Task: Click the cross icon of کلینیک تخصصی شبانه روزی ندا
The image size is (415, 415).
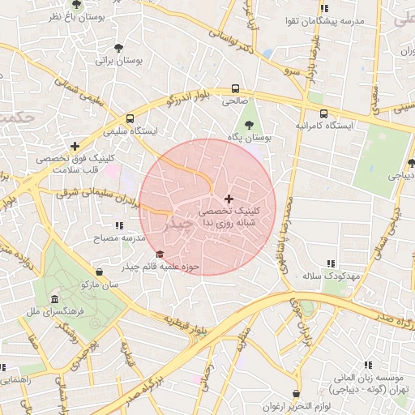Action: click(x=229, y=199)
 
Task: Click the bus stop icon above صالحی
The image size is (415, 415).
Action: click(x=235, y=88)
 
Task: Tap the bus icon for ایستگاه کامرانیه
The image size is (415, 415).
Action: click(x=324, y=114)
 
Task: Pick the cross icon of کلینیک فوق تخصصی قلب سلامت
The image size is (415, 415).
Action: click(x=75, y=147)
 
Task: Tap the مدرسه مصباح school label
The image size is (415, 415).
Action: click(x=121, y=237)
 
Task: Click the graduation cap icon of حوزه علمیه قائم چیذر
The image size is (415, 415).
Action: click(x=158, y=255)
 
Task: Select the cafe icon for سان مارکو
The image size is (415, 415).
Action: click(x=99, y=272)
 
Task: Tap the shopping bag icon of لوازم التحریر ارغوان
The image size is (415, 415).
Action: click(x=295, y=393)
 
